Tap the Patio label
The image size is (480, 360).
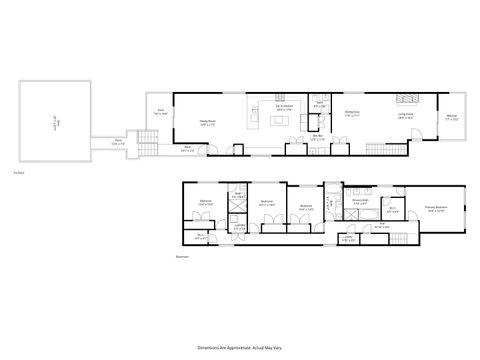click(x=118, y=142)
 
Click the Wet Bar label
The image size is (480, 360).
click(x=318, y=136)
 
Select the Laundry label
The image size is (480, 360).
click(x=239, y=226)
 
